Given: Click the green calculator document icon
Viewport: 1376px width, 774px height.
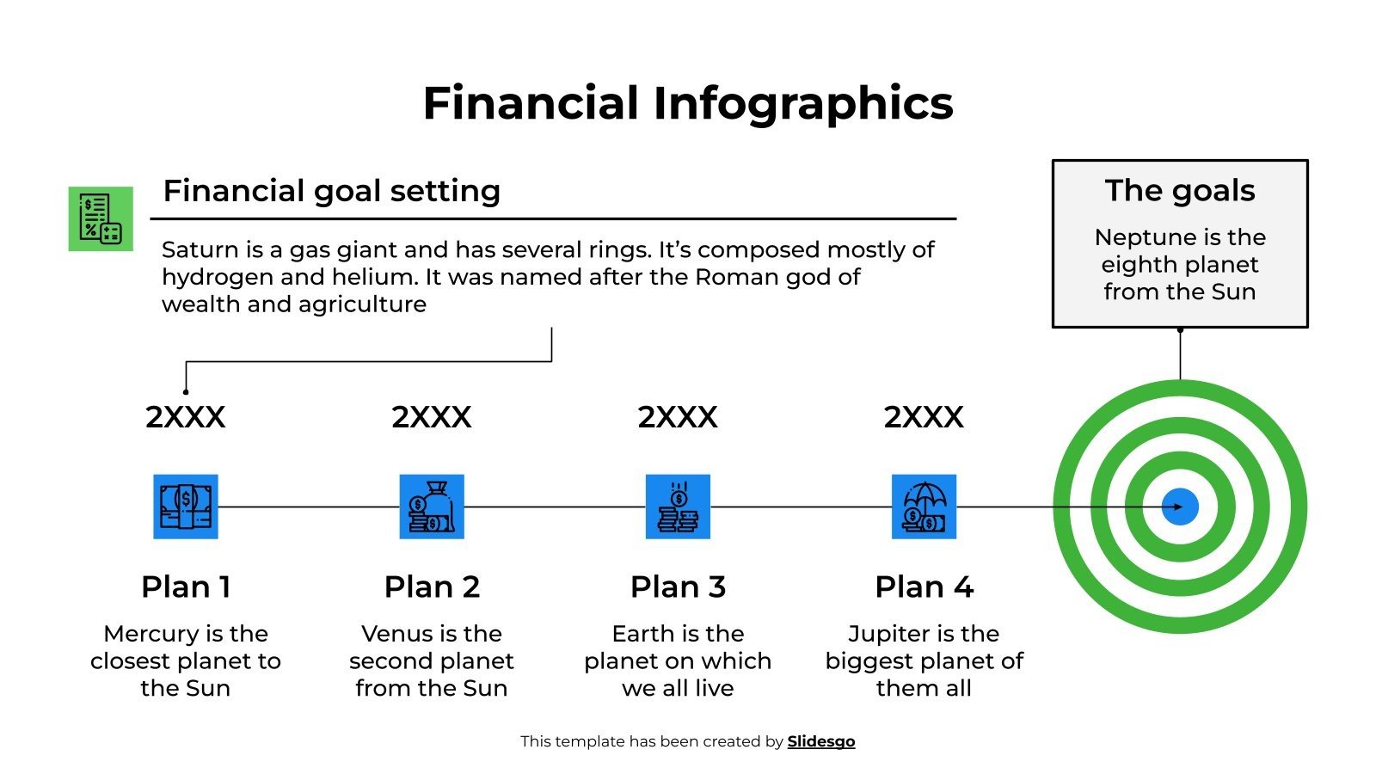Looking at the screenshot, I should (101, 218).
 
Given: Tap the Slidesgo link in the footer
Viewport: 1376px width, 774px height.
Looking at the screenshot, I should (820, 741).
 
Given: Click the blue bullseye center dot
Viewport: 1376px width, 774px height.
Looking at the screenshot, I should (1179, 507).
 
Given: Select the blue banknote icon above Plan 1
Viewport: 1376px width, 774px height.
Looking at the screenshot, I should (186, 507).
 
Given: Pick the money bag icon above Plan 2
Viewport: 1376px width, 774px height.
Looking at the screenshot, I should (432, 507).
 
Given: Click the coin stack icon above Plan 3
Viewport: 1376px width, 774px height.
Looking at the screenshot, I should (678, 507).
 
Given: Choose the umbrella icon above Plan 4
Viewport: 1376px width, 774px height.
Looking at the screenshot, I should (924, 507).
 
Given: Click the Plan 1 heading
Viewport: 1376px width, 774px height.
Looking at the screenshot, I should (186, 587).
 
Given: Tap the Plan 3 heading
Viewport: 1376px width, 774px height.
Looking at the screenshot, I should (678, 587).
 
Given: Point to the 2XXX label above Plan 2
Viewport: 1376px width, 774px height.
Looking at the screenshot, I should (432, 417).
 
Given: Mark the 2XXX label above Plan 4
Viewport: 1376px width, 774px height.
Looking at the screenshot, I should (924, 417).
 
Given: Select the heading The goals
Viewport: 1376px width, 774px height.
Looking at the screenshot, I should (1179, 190).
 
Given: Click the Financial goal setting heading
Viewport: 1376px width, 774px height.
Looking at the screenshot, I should (331, 191).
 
